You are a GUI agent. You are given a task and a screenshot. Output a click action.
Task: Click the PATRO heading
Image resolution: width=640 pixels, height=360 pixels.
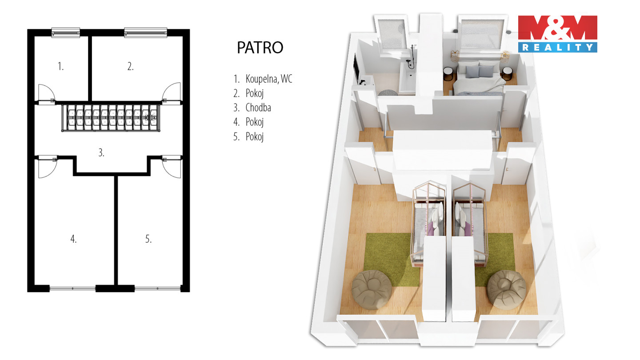tap(260, 48)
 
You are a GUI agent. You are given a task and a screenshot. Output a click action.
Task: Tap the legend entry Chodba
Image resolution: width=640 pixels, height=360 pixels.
tap(258, 108)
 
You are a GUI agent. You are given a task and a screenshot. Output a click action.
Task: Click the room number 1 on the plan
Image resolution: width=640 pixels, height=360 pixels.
tap(60, 66)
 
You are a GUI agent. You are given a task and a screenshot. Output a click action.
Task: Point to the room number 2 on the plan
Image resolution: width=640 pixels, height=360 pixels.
tap(130, 66)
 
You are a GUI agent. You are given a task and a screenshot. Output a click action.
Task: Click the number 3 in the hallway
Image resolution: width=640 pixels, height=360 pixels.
tap(101, 152)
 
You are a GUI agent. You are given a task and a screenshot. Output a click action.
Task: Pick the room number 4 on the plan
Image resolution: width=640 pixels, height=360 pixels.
tap(73, 239)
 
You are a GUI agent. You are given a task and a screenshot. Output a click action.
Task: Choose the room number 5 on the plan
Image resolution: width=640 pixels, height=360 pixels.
tap(148, 239)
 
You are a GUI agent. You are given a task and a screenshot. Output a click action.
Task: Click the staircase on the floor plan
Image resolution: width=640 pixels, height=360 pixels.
tap(111, 118)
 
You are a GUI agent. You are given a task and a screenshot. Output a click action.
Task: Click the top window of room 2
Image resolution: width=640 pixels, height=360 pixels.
tap(145, 32)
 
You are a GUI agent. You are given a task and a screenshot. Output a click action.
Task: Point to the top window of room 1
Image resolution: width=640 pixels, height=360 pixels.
tap(66, 32)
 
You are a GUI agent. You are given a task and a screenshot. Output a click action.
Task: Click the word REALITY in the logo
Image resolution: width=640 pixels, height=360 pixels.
tap(557, 48)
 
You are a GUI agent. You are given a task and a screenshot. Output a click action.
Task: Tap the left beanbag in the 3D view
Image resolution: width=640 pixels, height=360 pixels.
tap(372, 290)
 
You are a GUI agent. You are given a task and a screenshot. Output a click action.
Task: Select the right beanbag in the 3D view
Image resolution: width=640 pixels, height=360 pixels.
tap(507, 290)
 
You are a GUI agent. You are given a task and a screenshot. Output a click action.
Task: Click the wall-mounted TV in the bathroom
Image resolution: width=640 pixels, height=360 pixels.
tap(356, 68)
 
